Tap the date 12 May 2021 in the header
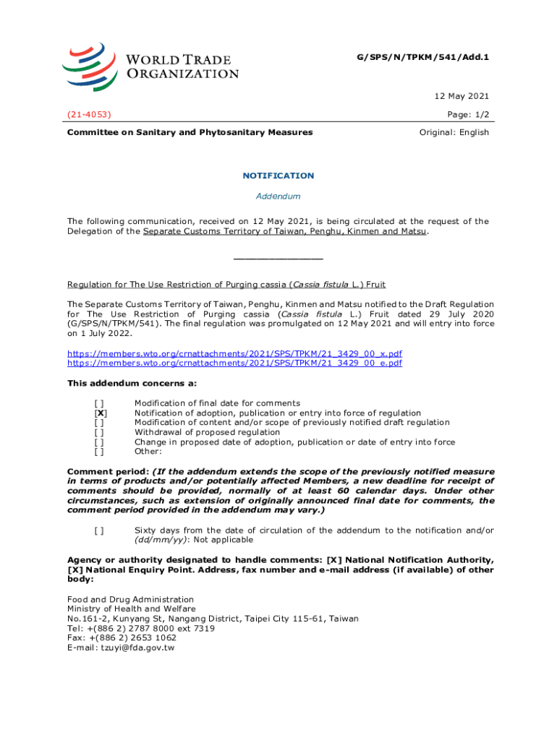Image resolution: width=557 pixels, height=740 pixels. point(464,95)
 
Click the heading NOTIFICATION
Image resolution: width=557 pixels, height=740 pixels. point(278,176)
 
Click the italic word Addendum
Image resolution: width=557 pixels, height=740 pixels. point(278,196)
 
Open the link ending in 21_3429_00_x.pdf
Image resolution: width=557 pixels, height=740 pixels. point(234,353)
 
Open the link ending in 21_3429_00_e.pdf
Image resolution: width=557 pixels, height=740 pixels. point(234,363)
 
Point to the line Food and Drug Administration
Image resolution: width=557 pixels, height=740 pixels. point(130,599)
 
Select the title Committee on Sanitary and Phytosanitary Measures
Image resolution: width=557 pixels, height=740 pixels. point(190,132)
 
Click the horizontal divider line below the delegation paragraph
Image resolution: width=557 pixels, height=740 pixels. point(278,258)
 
